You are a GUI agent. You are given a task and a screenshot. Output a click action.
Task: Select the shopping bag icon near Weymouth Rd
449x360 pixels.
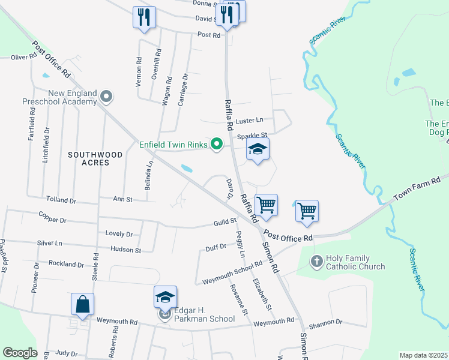pos(82,304)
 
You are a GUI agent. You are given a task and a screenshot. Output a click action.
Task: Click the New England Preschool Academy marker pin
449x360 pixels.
pos(106,96)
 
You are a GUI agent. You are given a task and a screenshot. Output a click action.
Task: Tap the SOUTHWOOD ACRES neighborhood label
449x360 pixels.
pos(95,158)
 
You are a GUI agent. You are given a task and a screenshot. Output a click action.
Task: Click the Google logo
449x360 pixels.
pos(20,353)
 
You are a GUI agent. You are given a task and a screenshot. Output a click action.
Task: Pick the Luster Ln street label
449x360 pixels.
pos(250,121)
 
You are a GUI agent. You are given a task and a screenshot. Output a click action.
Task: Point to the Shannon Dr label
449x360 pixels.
pos(327,322)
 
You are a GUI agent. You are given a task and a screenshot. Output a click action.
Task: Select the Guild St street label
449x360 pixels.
pos(225,223)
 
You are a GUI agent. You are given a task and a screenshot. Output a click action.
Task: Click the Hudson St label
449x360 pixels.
pos(125,250)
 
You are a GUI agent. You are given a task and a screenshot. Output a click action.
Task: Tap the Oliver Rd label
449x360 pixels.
pos(24,58)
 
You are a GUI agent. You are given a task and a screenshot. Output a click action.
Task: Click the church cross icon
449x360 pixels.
pos(317,262)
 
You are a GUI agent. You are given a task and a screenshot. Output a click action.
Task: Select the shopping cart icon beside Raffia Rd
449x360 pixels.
pos(266,205)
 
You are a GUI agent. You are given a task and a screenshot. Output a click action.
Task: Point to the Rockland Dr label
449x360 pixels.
pos(66,264)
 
